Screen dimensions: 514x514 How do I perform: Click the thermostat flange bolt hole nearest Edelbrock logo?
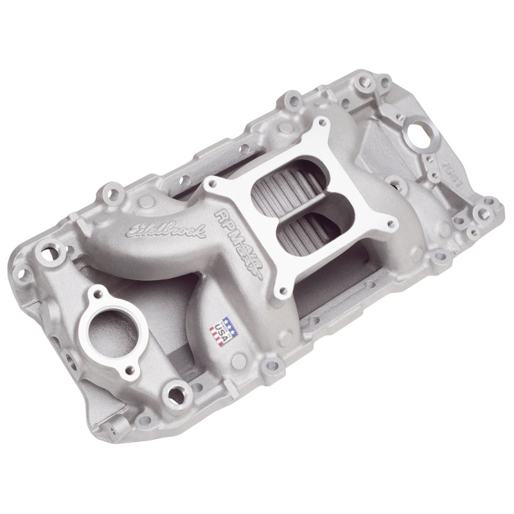(98, 294)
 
